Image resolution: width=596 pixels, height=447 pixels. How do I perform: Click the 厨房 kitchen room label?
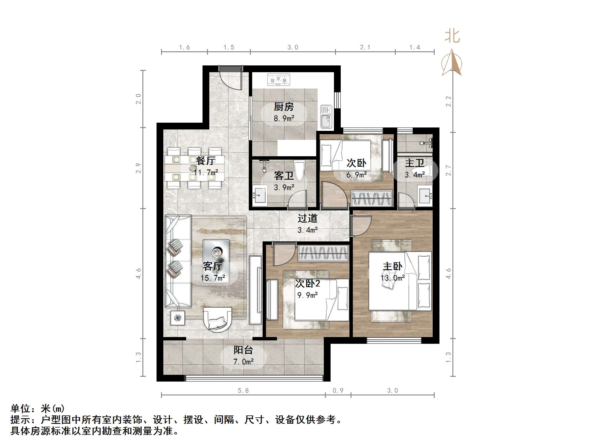[x=283, y=107]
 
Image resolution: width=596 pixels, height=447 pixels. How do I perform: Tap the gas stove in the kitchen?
[x=278, y=80]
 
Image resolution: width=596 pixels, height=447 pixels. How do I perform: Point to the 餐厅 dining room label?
[x=206, y=161]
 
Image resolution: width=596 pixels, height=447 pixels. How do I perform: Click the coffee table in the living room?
[x=216, y=261]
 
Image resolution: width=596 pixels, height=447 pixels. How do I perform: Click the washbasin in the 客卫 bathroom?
[x=259, y=195]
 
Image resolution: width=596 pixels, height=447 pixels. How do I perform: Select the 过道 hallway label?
[x=307, y=218]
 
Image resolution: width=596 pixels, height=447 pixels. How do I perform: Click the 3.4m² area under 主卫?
[x=415, y=175]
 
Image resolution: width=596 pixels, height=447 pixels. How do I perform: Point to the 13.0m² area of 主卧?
[x=393, y=278]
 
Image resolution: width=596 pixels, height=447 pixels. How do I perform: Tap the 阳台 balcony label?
[x=243, y=350]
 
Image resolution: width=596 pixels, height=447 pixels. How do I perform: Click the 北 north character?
[x=452, y=36]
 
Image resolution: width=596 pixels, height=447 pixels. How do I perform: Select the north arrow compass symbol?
[x=452, y=63]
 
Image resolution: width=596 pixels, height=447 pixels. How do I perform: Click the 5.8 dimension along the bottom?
[x=243, y=391]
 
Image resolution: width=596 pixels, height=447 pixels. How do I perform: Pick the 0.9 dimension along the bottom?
[x=338, y=391]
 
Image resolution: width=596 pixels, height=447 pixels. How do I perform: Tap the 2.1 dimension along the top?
[x=365, y=47]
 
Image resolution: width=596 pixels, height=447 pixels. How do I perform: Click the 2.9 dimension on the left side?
[x=138, y=168]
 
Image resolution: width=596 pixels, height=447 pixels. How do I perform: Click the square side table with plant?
[x=178, y=318]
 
